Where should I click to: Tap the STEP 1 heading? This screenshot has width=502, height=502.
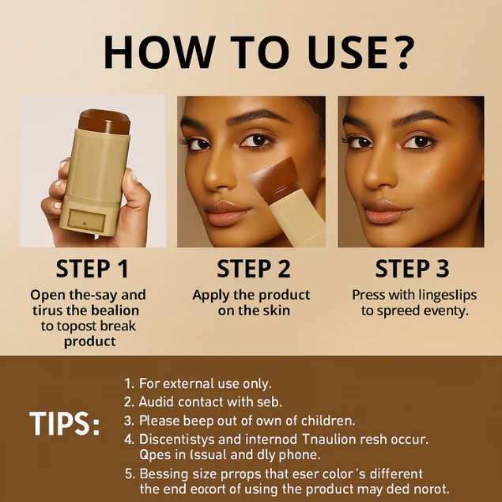point(92,269)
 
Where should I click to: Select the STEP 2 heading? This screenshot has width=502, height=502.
point(254,269)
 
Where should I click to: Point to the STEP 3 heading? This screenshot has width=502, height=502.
point(412,269)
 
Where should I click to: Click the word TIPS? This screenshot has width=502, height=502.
point(64,424)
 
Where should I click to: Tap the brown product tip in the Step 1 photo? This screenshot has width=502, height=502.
point(104,121)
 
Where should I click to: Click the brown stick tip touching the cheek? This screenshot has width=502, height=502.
point(274,177)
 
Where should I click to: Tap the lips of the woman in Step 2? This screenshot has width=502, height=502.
point(227,213)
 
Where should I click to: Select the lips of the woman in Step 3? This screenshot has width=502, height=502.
point(386,211)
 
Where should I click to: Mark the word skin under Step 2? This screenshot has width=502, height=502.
point(276,310)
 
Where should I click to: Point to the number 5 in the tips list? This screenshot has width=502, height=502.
point(130,474)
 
